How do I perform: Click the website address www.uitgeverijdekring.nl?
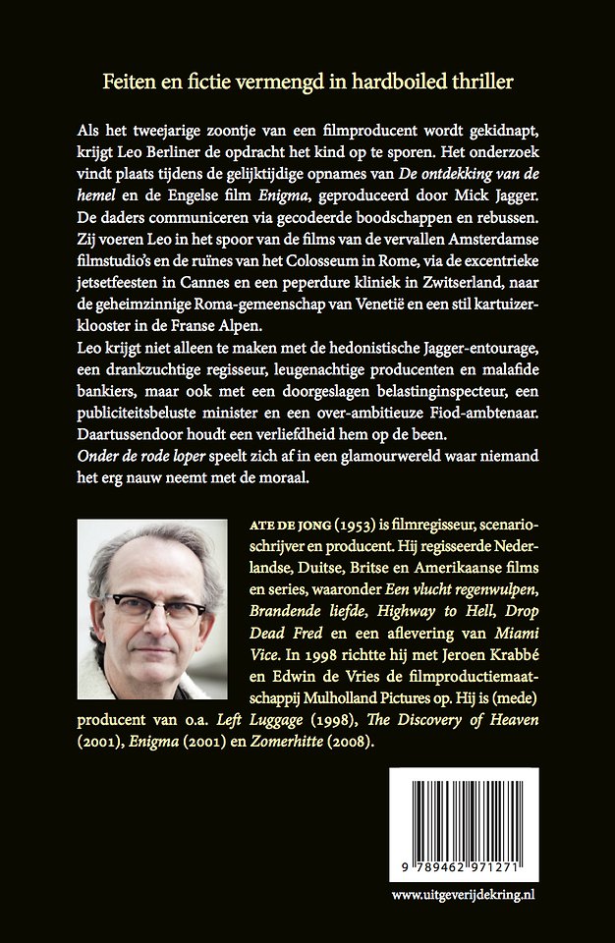pyautogui.click(x=461, y=895)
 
